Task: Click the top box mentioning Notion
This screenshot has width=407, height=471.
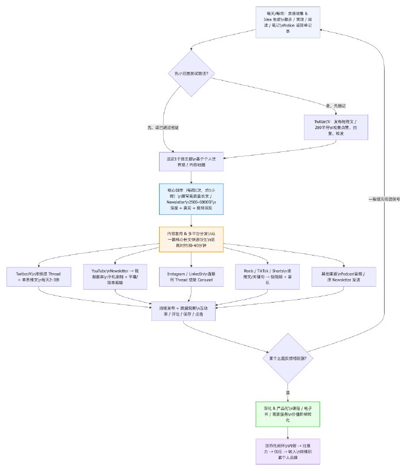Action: [x=287, y=21]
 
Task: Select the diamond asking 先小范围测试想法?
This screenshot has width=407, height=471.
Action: [x=191, y=74]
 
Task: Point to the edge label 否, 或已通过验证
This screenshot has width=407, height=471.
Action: [x=163, y=127]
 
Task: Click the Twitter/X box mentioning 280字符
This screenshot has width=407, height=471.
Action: [x=336, y=126]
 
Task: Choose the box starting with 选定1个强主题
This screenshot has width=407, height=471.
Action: [x=191, y=162]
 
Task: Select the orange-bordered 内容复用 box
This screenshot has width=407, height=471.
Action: [x=191, y=240]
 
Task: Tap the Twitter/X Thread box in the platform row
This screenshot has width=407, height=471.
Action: [x=38, y=277]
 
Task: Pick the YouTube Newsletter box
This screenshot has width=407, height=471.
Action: [x=114, y=277]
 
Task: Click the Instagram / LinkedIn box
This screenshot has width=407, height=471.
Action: [x=191, y=277]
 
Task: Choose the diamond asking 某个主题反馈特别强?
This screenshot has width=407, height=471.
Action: [x=288, y=358]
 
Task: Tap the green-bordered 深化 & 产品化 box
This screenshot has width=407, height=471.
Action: [x=288, y=413]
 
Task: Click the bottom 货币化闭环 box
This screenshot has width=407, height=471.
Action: [x=288, y=453]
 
